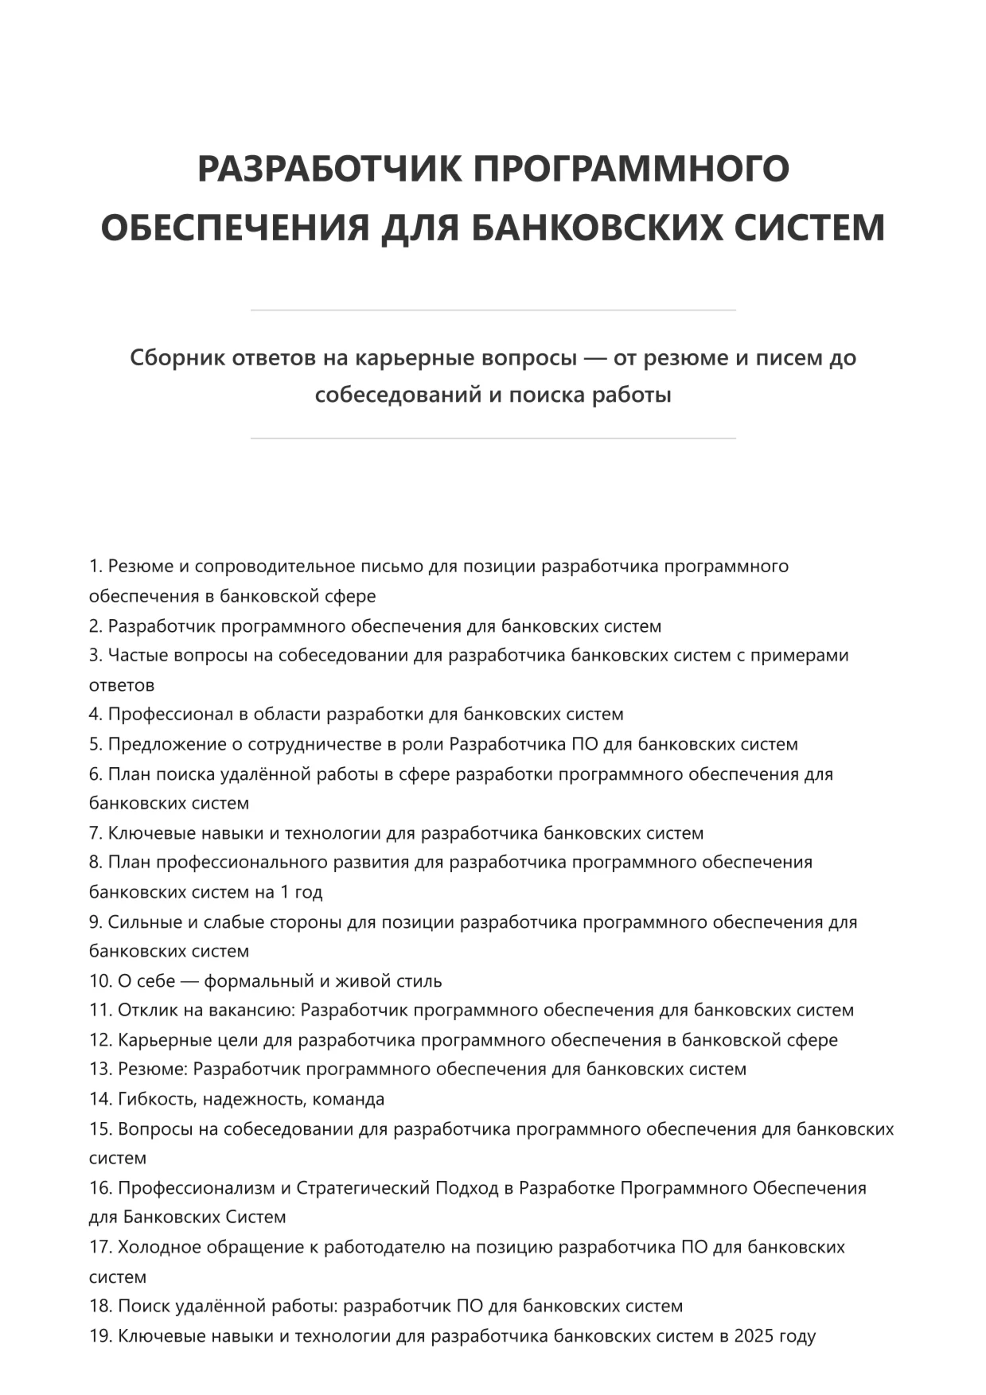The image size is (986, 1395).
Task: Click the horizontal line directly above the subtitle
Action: [x=493, y=310]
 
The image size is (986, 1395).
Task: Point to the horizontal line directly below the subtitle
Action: [x=493, y=438]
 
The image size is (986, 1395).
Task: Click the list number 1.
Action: [x=95, y=567]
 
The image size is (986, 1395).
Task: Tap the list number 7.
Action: [x=95, y=833]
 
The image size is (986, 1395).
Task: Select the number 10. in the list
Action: [x=100, y=981]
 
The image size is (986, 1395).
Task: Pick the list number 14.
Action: [x=100, y=1099]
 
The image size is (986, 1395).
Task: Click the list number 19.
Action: [x=100, y=1336]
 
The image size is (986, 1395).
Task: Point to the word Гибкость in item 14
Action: [x=157, y=1099]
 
